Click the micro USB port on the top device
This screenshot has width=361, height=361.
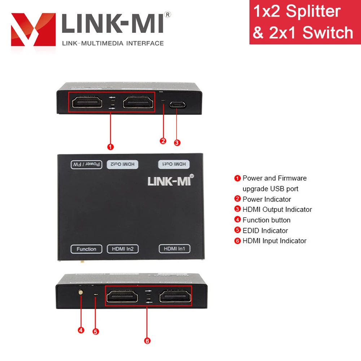click(177, 105)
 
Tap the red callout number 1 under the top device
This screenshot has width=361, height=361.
click(110, 147)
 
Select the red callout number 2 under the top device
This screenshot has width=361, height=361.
click(163, 141)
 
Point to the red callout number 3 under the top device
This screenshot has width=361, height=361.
click(177, 143)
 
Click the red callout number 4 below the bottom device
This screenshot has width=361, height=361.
click(81, 330)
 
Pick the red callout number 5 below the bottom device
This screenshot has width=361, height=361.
click(96, 332)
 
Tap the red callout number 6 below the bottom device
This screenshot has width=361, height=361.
click(147, 341)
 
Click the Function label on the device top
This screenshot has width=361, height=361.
click(86, 249)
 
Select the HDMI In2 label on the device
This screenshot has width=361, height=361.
click(123, 249)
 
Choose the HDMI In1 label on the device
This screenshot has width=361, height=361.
click(174, 249)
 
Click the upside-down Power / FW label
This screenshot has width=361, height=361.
click(87, 164)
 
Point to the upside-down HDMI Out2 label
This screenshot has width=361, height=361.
click(122, 164)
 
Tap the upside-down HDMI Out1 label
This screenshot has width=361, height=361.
click(174, 164)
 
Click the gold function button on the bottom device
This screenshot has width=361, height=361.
click(81, 292)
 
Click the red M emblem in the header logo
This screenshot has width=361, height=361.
click(33, 30)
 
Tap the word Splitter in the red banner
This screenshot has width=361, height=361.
click(313, 11)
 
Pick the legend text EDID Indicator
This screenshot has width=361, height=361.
click(265, 230)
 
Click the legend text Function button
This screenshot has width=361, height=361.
click(266, 220)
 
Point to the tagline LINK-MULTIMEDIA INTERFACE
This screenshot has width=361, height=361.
click(113, 43)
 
